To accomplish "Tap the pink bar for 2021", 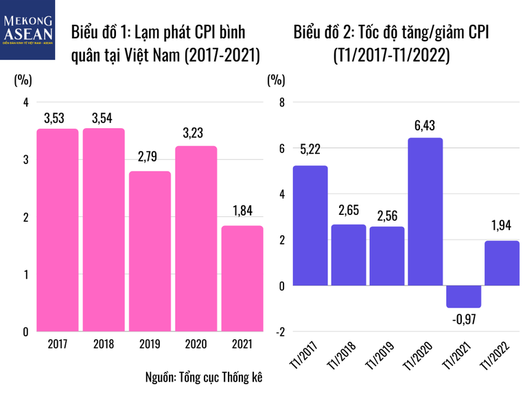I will pyautogui.click(x=242, y=278).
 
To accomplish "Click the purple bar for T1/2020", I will pyautogui.click(x=425, y=211).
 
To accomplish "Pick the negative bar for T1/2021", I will pyautogui.click(x=463, y=296).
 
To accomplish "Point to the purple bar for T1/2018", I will pyautogui.click(x=348, y=255).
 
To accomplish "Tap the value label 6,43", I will pyautogui.click(x=425, y=126).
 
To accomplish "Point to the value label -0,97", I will pyautogui.click(x=463, y=318).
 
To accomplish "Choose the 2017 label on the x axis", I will pyautogui.click(x=58, y=343).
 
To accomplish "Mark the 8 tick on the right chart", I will pyautogui.click(x=280, y=102).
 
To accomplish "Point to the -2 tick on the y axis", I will pyautogui.click(x=278, y=332).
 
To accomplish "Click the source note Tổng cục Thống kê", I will pyautogui.click(x=204, y=377).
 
